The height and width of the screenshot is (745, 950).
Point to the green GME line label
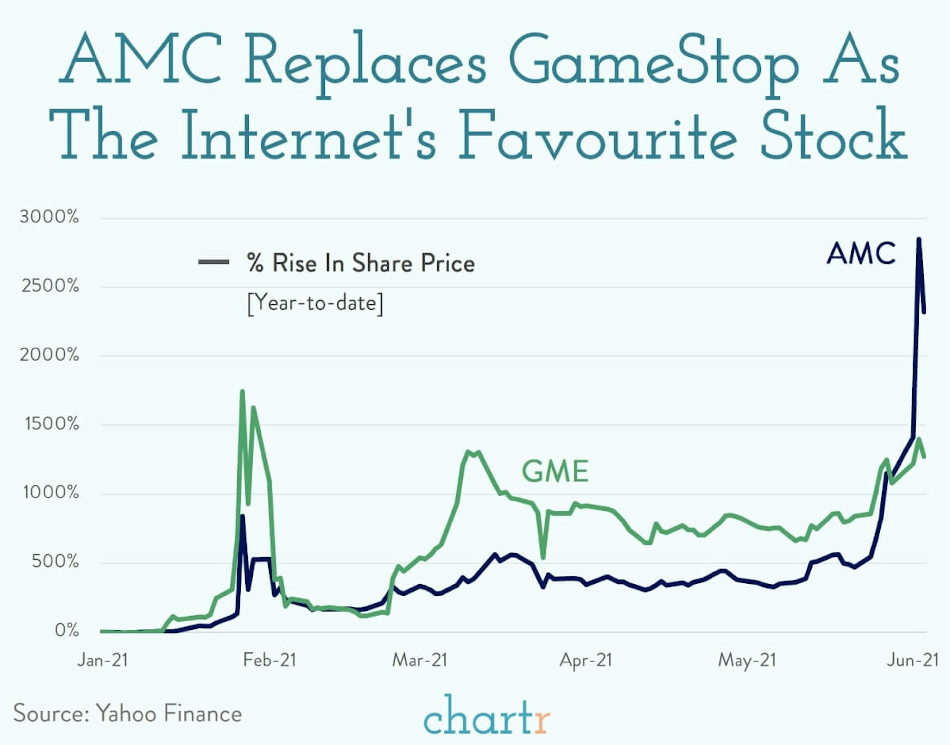pyautogui.click(x=555, y=472)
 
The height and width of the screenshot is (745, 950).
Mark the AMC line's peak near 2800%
pyautogui.click(x=919, y=239)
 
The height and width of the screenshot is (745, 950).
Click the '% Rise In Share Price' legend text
pyautogui.click(x=360, y=263)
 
